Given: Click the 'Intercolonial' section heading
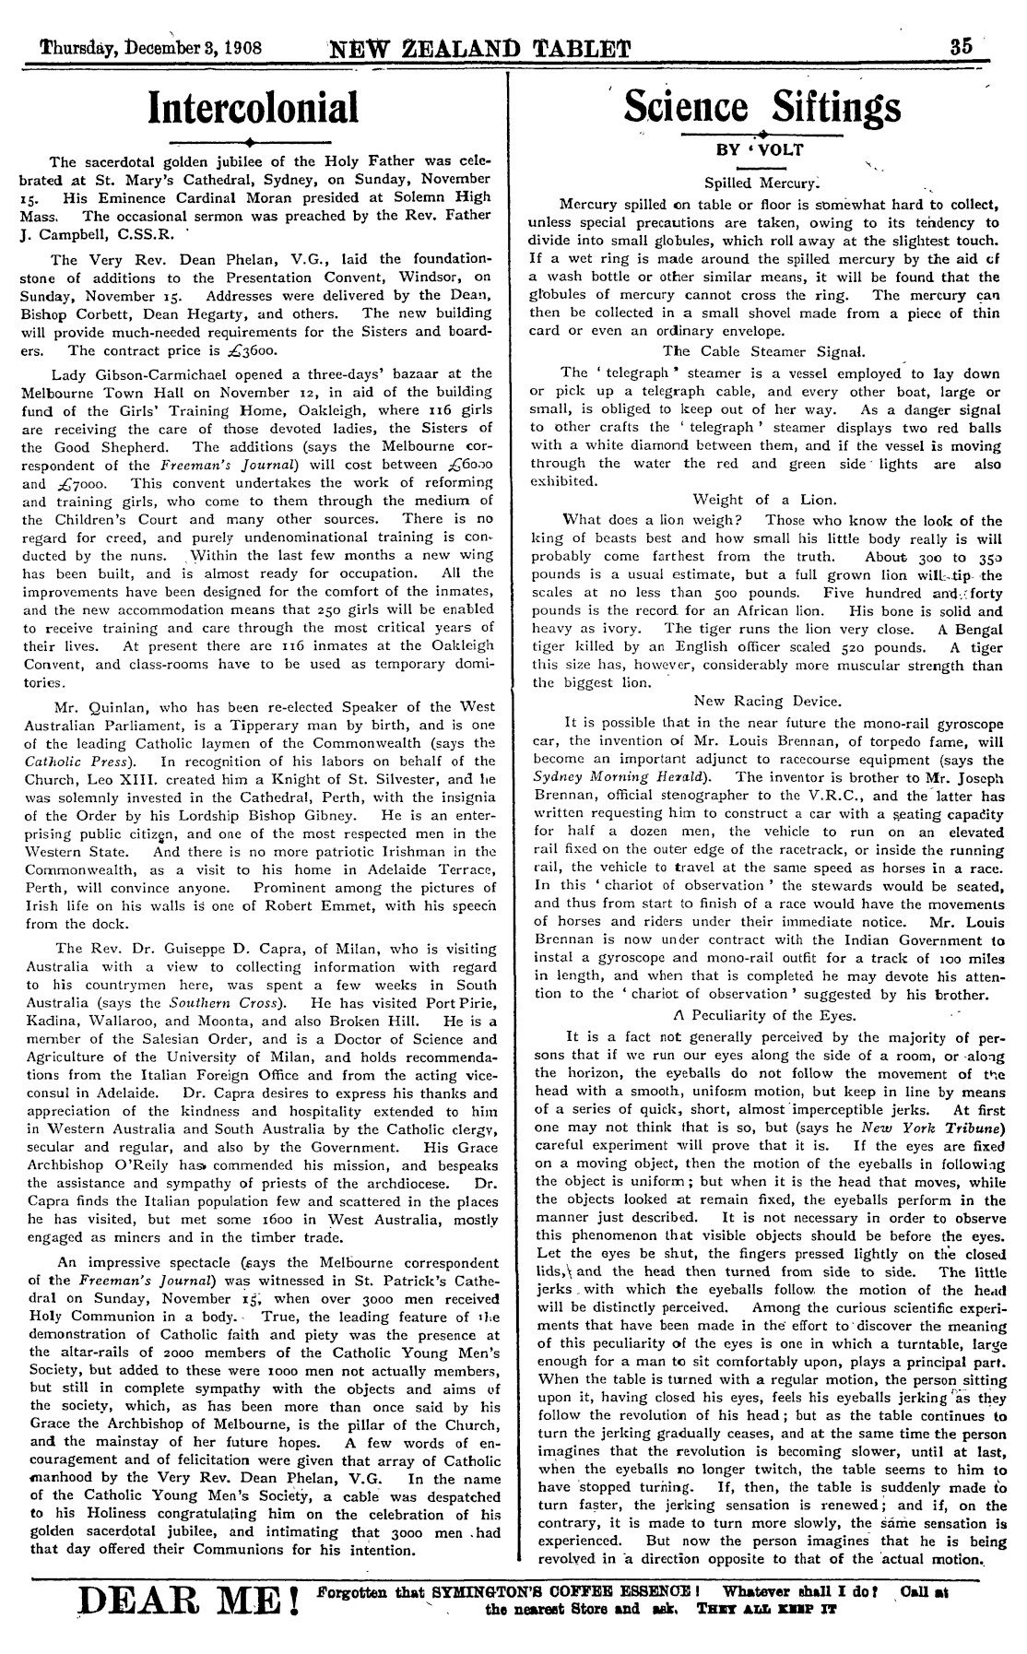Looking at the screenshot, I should point(254,107).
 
